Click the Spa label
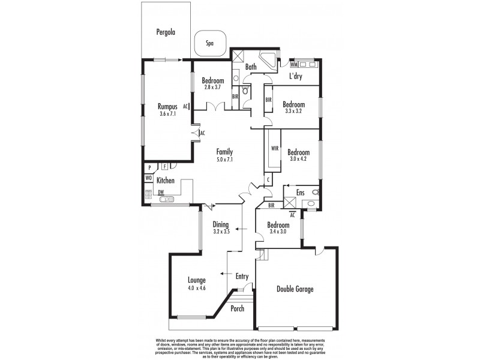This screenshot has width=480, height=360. tap(210, 43)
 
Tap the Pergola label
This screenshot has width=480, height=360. tap(165, 32)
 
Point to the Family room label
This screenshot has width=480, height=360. tap(225, 152)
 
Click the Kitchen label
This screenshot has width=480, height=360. tap(166, 180)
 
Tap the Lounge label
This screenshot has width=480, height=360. tap(197, 280)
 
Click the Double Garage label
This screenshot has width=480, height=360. tap(295, 289)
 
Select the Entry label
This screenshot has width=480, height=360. tap(242, 276)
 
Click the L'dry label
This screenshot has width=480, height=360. tap(295, 76)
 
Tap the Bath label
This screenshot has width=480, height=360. tap(251, 68)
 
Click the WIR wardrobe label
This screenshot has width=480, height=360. tap(275, 148)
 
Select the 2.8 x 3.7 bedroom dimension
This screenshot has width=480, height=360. tap(213, 88)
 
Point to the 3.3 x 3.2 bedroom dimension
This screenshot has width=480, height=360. tap(295, 110)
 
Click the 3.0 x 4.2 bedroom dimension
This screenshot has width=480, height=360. tap(298, 160)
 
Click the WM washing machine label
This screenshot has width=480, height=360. tap(294, 64)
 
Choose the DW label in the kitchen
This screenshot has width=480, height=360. tap(161, 192)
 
